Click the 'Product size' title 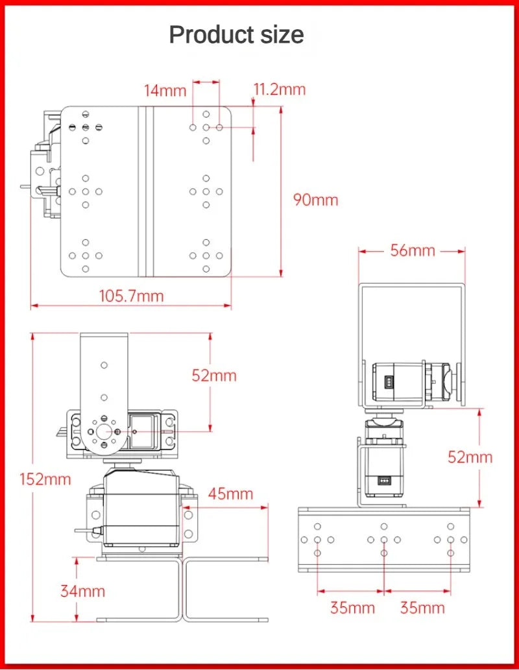tap(236, 34)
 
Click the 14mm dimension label tap(165, 91)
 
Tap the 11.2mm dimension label tap(279, 90)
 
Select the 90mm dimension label tap(315, 200)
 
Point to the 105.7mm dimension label tap(131, 296)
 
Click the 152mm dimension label tap(45, 479)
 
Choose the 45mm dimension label tap(230, 494)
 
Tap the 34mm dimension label tap(82, 591)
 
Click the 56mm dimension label tap(413, 250)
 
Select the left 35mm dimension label tap(352, 608)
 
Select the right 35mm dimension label tap(422, 608)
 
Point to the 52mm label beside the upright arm tap(214, 376)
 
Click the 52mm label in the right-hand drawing tap(470, 457)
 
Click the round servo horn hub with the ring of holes tap(103, 430)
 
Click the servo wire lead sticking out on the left tap(84, 531)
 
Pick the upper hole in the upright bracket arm tap(103, 365)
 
